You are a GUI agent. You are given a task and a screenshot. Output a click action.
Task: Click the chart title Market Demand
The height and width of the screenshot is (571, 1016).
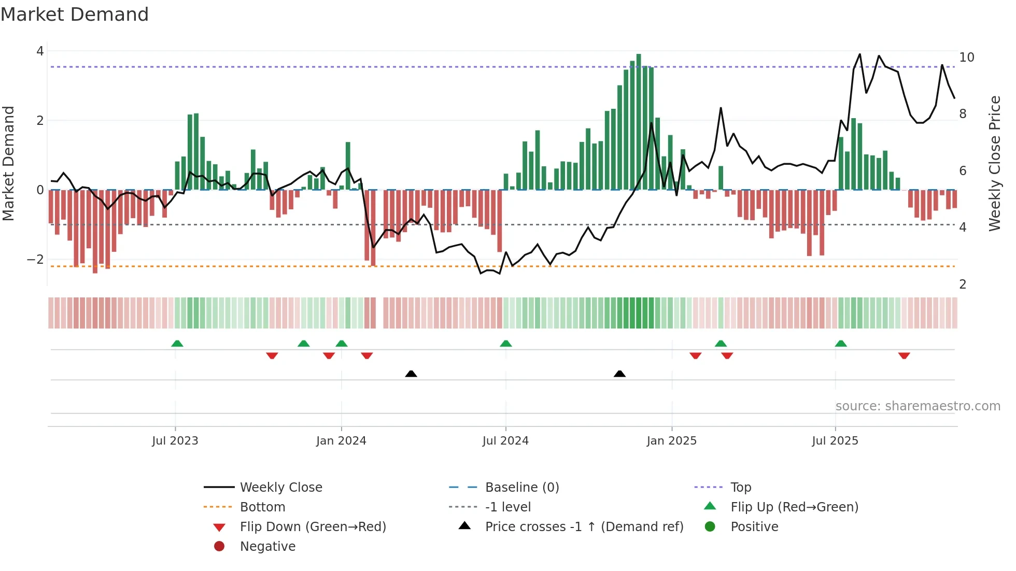click(x=75, y=15)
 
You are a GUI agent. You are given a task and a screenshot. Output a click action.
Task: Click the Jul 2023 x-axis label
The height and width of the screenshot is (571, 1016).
click(x=175, y=441)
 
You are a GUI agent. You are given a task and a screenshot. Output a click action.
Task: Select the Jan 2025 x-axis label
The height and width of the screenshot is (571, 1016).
click(x=671, y=441)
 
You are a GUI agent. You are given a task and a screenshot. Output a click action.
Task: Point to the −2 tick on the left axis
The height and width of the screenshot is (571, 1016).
click(x=35, y=260)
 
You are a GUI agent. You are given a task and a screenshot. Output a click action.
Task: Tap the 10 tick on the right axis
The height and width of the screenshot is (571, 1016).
click(x=966, y=58)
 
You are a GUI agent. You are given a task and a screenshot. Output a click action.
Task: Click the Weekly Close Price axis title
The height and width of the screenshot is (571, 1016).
click(x=994, y=163)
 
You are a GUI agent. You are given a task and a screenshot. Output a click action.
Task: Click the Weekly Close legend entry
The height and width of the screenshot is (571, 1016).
click(x=280, y=488)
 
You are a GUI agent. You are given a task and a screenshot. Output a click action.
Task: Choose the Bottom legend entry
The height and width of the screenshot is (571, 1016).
click(x=262, y=507)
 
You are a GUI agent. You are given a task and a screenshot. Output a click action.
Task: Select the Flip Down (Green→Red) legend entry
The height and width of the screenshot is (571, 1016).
click(x=313, y=527)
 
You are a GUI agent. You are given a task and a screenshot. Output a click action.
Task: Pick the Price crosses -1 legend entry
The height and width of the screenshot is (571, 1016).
click(x=584, y=527)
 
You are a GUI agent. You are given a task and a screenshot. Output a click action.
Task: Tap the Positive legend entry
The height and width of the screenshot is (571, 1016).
click(x=754, y=527)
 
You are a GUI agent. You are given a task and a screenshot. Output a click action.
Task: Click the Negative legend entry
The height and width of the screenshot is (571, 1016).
click(x=267, y=547)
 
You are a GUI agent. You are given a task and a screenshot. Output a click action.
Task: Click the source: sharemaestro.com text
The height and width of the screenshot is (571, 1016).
click(x=918, y=406)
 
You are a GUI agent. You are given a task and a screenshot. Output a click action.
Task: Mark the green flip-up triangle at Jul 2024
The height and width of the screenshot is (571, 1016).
click(x=506, y=344)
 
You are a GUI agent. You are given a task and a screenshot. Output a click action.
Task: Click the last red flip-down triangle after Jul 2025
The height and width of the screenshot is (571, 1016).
click(x=904, y=355)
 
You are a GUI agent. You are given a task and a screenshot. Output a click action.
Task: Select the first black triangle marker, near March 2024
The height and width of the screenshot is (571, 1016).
click(x=411, y=374)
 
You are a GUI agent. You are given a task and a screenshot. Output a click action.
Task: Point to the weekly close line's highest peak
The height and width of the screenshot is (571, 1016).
click(x=860, y=54)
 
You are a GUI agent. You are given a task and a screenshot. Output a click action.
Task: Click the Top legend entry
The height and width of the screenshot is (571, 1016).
click(x=740, y=488)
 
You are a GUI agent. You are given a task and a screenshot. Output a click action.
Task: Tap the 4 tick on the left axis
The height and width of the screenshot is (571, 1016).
click(x=40, y=51)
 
